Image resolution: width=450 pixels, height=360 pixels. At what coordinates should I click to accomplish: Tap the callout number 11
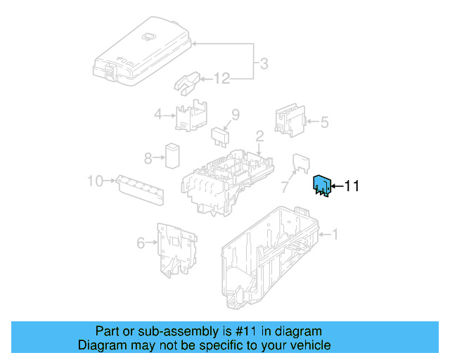pyautogui.click(x=351, y=186)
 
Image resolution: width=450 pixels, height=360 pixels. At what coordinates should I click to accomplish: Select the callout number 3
pyautogui.click(x=263, y=64)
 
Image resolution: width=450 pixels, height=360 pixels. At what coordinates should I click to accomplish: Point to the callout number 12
pyautogui.click(x=221, y=79)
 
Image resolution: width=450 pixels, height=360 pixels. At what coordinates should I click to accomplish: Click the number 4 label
pyautogui.click(x=158, y=115)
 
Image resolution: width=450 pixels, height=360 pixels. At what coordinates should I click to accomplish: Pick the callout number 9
pyautogui.click(x=236, y=114)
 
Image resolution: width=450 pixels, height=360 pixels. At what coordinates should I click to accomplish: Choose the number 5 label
pyautogui.click(x=324, y=122)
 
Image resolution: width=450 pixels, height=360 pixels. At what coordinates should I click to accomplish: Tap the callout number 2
pyautogui.click(x=259, y=136)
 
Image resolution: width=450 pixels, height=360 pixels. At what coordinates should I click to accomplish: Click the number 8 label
pyautogui.click(x=148, y=157)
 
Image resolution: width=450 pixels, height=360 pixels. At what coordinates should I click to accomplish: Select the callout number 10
pyautogui.click(x=95, y=181)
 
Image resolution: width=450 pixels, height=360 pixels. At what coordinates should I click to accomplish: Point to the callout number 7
pyautogui.click(x=285, y=188)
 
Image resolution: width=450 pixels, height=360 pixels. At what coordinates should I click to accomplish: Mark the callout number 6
pyautogui.click(x=141, y=243)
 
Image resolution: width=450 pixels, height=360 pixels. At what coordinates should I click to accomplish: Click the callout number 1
pyautogui.click(x=335, y=234)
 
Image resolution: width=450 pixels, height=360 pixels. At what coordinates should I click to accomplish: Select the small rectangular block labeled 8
pyautogui.click(x=173, y=155)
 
